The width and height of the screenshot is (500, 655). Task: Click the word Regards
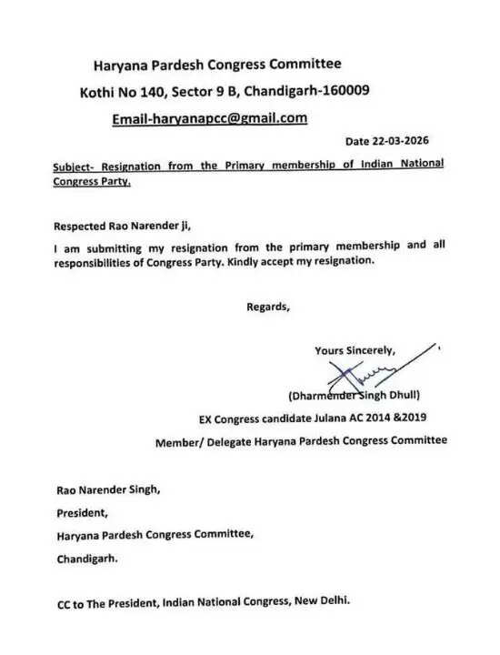coord(268,307)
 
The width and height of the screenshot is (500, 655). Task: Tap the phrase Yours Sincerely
coord(355,350)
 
